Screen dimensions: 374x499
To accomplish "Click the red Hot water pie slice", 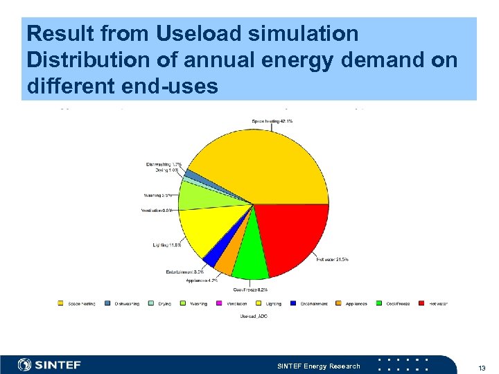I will click(x=291, y=235).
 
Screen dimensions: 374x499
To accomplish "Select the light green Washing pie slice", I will click(x=198, y=193).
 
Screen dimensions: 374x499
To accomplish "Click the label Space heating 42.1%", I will click(x=271, y=121).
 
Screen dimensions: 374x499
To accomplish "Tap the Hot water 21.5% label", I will click(x=332, y=260).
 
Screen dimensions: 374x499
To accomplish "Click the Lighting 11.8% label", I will click(x=167, y=244).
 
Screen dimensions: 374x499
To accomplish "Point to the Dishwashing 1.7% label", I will click(x=164, y=164).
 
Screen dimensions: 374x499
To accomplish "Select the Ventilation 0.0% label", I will click(x=157, y=211).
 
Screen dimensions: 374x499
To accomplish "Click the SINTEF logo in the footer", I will click(x=49, y=365).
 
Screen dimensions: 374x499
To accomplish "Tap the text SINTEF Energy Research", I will click(x=318, y=366).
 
